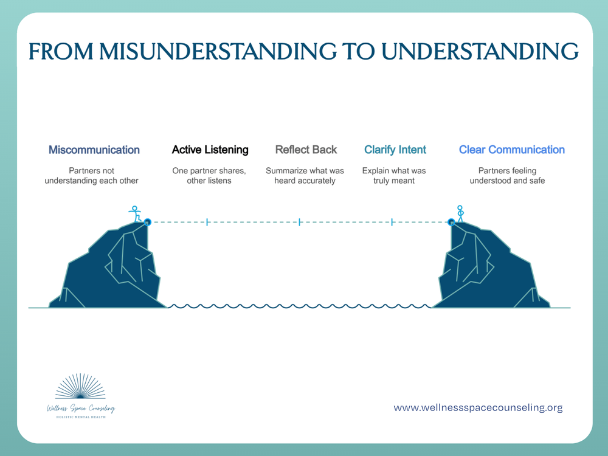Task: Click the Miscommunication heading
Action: (94, 150)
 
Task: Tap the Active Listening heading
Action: (210, 150)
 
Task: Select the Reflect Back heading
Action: (306, 150)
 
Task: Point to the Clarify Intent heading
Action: (395, 150)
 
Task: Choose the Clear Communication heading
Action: (511, 150)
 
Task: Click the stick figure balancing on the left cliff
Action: (135, 214)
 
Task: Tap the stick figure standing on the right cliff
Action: (460, 213)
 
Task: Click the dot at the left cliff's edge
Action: (147, 223)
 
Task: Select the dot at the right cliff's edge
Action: (451, 223)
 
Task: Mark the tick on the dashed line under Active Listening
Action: (207, 223)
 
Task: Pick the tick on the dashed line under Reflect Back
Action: (300, 223)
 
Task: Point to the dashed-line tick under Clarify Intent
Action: (392, 223)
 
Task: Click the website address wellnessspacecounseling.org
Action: (478, 407)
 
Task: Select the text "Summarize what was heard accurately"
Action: (305, 176)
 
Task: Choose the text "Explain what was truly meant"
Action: (394, 176)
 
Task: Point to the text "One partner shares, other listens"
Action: (209, 176)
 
